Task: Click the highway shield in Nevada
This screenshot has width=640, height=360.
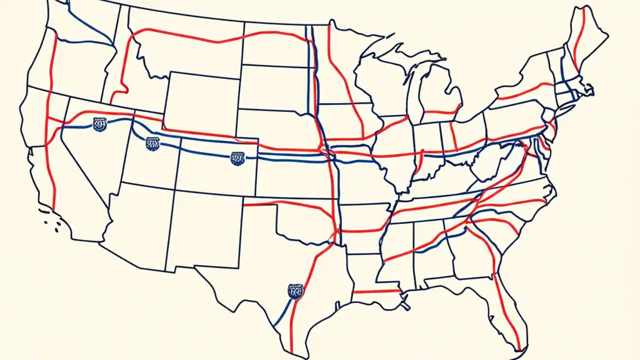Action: click(x=100, y=124)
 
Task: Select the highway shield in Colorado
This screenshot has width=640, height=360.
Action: click(x=237, y=158)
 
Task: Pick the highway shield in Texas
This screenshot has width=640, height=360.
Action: click(x=295, y=290)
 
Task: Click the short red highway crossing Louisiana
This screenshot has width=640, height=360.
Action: click(x=375, y=291)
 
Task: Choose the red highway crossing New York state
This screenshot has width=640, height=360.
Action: click(x=525, y=92)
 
